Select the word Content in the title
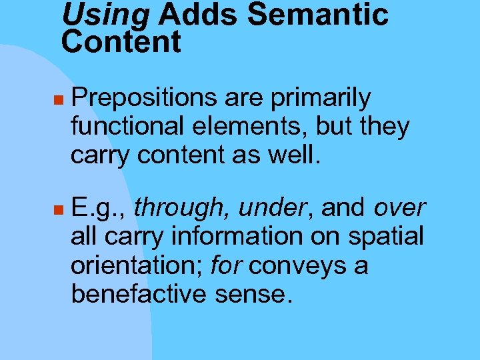pyautogui.click(x=121, y=43)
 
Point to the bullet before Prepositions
pyautogui.click(x=59, y=99)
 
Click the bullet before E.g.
pyautogui.click(x=59, y=210)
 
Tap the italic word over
pyautogui.click(x=399, y=208)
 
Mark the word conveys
pyautogui.click(x=295, y=266)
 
